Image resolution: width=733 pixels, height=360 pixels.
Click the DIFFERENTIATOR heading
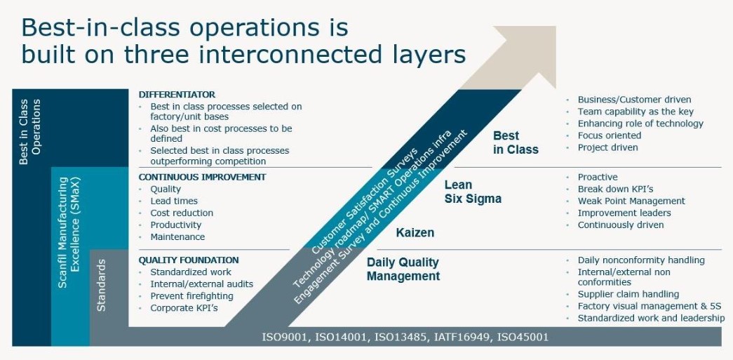(x=177, y=95)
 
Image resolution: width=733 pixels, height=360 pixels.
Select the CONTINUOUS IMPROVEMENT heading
(x=202, y=178)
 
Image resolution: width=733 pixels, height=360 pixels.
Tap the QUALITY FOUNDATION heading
(x=189, y=260)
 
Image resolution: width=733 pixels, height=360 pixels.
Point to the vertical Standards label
(x=101, y=285)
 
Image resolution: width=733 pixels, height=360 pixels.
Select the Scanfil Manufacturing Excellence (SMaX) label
(x=69, y=232)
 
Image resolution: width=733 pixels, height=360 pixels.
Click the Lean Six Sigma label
(x=473, y=192)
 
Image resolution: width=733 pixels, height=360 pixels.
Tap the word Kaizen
(x=415, y=232)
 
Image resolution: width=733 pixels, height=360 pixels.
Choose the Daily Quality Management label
(x=403, y=269)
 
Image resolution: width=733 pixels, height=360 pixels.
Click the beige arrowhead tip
(x=556, y=27)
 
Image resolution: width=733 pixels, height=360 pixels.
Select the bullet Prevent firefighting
(x=191, y=296)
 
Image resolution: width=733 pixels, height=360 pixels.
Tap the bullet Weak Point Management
(x=631, y=201)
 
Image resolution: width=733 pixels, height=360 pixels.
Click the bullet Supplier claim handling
(x=628, y=295)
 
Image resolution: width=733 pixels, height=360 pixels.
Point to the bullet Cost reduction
(x=182, y=213)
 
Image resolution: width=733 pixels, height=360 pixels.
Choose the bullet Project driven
(x=607, y=147)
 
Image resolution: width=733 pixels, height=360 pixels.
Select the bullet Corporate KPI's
(x=184, y=308)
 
